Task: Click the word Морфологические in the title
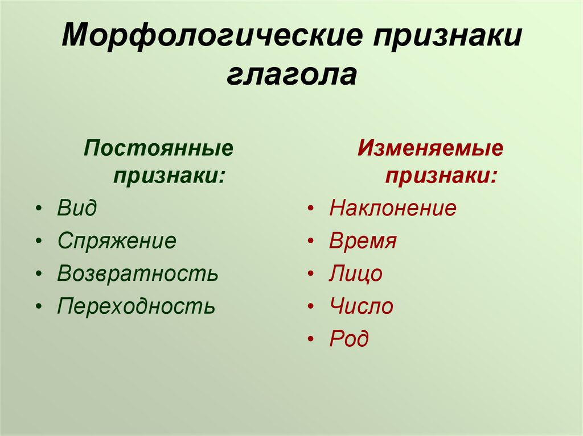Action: pyautogui.click(x=212, y=36)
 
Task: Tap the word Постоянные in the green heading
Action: pyautogui.click(x=159, y=148)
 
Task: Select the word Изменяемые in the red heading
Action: pyautogui.click(x=430, y=148)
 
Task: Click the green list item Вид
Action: pyautogui.click(x=77, y=207)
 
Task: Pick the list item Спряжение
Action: pyautogui.click(x=117, y=241)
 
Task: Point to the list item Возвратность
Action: pyautogui.click(x=138, y=273)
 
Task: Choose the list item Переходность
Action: pyautogui.click(x=136, y=306)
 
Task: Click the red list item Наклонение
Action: pyautogui.click(x=393, y=207)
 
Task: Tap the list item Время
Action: pyautogui.click(x=363, y=240)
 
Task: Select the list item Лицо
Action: pyautogui.click(x=356, y=273)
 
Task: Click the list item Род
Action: pyautogui.click(x=349, y=339)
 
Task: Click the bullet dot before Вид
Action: pyautogui.click(x=39, y=209)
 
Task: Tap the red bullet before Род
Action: pyautogui.click(x=311, y=339)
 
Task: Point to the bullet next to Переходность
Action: pyautogui.click(x=39, y=307)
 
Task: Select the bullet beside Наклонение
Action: pyautogui.click(x=311, y=209)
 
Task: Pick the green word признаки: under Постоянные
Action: pyautogui.click(x=170, y=176)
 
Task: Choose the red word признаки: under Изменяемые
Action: pyautogui.click(x=441, y=176)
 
